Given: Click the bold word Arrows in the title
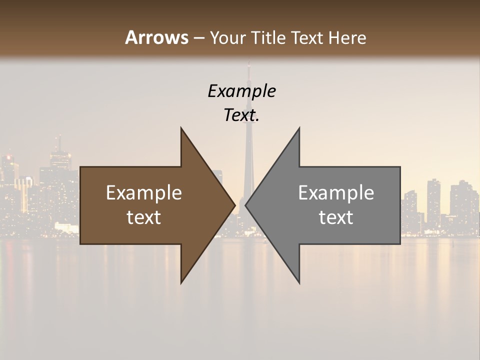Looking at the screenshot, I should coord(156,37).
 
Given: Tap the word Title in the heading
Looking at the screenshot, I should coord(268,38).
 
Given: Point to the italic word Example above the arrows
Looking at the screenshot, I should coord(241,91).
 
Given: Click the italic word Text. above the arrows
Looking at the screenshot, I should coord(241,115).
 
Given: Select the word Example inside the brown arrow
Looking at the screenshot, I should coord(143,193).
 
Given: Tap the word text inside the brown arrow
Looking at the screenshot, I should coord(143,217).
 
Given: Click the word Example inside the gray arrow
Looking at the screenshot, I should coord(336,193).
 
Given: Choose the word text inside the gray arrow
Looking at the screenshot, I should coord(336,217).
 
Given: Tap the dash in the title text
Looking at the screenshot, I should coord(198,38).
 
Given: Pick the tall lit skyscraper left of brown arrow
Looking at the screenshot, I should coord(59,160).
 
